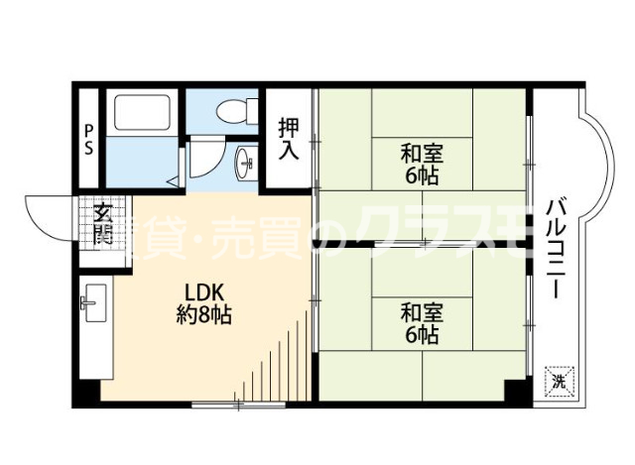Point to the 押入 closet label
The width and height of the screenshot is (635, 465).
(x=288, y=139)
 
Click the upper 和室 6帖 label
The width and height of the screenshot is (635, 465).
(x=422, y=165)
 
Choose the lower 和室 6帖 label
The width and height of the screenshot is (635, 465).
(x=422, y=323)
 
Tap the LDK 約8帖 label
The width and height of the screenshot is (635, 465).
(x=205, y=304)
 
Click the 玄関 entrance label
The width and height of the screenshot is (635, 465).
(x=102, y=225)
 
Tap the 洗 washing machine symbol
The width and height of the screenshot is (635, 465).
(x=559, y=380)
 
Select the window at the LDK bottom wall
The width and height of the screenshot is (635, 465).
(x=237, y=405)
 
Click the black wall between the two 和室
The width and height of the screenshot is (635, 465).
(x=417, y=244)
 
